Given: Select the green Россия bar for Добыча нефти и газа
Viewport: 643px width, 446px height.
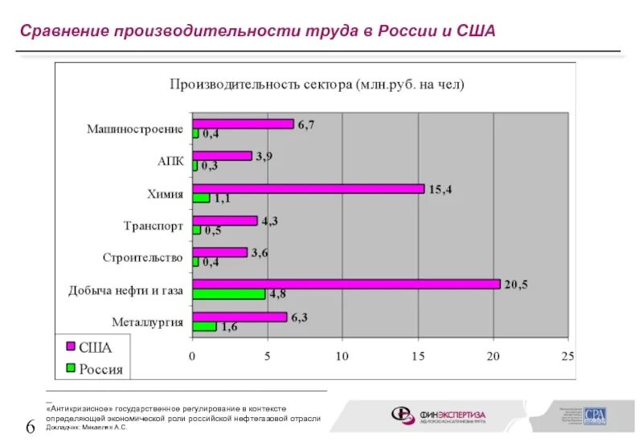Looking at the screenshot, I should point(228,294).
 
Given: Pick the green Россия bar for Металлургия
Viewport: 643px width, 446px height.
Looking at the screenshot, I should point(204,326).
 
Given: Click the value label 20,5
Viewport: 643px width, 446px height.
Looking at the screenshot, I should point(515,284).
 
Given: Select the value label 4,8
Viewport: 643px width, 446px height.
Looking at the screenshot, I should point(278,294).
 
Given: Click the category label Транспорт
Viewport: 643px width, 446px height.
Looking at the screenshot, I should point(154,226).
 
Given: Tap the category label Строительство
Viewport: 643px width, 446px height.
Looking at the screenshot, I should point(142,258).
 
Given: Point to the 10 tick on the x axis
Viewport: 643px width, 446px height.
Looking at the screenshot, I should point(342,355).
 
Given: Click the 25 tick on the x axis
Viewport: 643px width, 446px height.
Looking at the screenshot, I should point(568,355).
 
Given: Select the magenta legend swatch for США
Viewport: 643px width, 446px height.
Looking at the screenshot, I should point(70,346).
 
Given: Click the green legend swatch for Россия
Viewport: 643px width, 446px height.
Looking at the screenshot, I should point(70,368).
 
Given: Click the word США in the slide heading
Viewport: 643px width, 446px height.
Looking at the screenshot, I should point(476,31).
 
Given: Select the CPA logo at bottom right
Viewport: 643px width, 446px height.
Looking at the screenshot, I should point(596,415).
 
